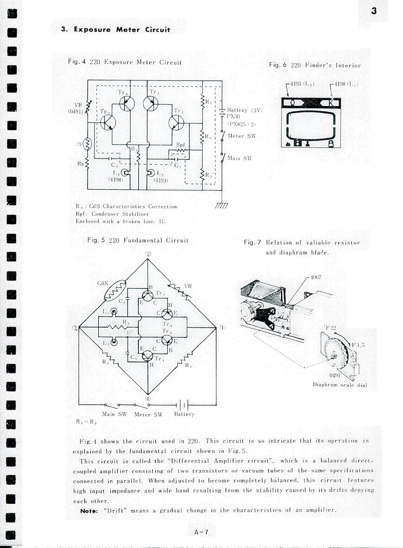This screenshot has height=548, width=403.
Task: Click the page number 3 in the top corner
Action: (374, 11)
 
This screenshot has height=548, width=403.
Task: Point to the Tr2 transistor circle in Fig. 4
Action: (108, 123)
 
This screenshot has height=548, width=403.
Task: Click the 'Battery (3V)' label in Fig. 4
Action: (244, 110)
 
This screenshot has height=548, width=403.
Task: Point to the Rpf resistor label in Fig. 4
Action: (181, 145)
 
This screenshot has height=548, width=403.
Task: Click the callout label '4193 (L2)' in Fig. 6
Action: (302, 84)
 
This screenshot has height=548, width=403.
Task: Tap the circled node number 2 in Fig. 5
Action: (148, 254)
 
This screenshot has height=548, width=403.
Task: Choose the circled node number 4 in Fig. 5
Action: (148, 398)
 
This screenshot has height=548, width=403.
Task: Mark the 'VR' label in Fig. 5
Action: (188, 286)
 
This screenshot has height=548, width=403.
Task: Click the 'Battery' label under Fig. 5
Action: (184, 414)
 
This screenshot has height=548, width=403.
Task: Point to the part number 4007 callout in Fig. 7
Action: (316, 277)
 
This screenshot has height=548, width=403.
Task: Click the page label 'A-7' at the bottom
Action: (201, 532)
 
